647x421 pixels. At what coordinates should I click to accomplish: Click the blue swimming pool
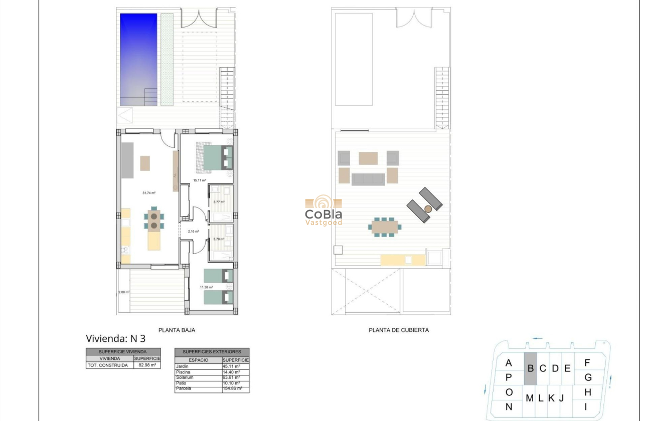point(138,59)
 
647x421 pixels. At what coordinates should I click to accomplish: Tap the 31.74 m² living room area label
point(149,193)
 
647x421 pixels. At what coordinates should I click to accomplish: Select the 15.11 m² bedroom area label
point(200,180)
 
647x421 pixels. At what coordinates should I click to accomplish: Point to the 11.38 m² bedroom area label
point(206,287)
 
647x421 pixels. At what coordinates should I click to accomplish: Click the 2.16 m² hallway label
point(194,232)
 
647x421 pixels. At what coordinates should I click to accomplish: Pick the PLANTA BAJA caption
point(177,330)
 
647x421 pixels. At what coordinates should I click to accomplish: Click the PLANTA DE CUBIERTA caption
point(399,330)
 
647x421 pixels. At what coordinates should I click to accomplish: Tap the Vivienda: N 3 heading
point(115,338)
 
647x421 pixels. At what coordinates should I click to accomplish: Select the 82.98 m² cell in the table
point(146,365)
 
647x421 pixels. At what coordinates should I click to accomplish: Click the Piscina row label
point(184,372)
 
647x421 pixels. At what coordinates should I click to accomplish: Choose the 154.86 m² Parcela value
point(233,389)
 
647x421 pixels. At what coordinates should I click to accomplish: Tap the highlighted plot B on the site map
point(531,368)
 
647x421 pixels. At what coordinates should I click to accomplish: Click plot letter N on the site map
point(509,407)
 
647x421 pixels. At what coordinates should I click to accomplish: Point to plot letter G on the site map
point(588,377)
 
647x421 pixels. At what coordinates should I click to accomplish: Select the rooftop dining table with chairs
point(385,227)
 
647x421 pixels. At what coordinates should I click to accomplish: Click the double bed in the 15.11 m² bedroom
point(214,156)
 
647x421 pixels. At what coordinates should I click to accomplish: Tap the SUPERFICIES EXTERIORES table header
point(212,352)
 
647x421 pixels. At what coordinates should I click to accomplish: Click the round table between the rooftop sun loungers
point(428,209)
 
